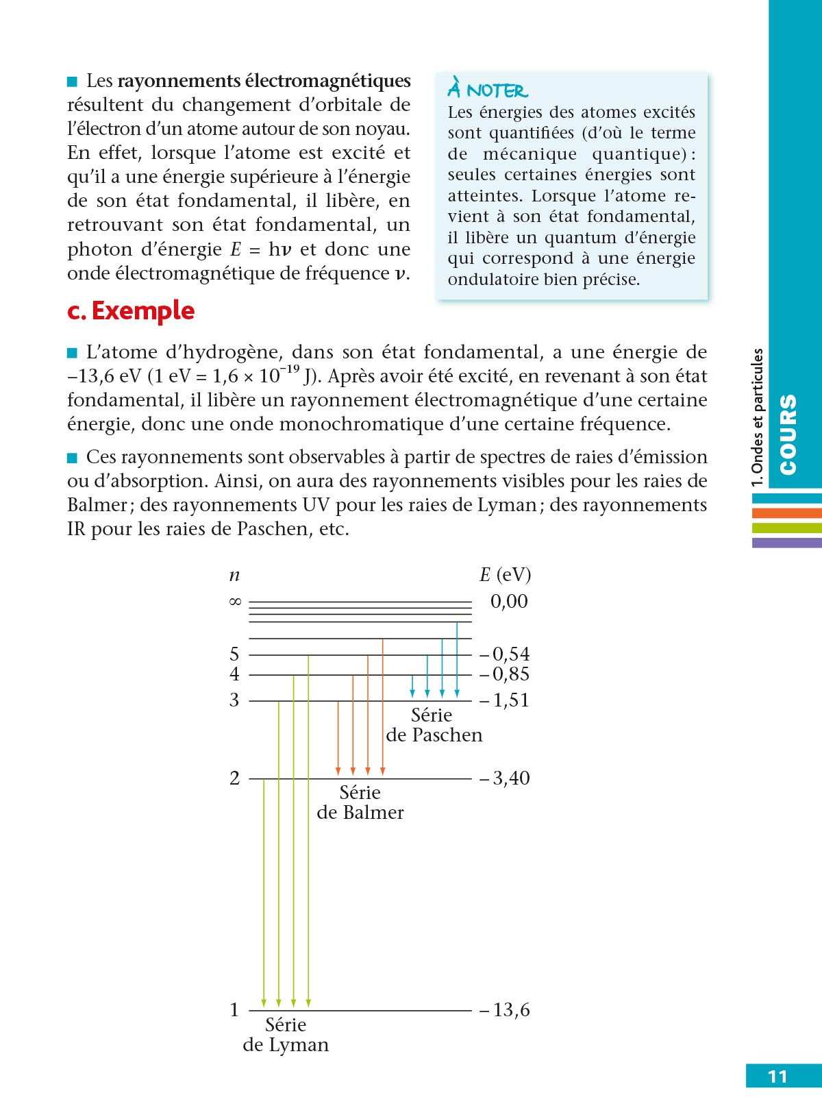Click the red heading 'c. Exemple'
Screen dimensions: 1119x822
click(x=131, y=311)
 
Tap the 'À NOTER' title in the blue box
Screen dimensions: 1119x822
click(x=488, y=90)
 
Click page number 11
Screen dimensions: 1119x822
click(x=777, y=1077)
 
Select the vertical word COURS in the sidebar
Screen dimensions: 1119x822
click(x=788, y=434)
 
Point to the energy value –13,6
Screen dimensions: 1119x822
click(x=505, y=1010)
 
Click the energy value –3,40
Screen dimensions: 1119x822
click(x=505, y=778)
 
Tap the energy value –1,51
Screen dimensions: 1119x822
click(x=505, y=700)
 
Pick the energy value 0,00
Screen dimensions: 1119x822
click(x=509, y=602)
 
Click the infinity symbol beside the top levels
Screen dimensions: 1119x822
click(x=235, y=602)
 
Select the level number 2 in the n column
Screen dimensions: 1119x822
click(x=235, y=778)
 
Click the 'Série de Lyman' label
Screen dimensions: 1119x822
click(x=286, y=1035)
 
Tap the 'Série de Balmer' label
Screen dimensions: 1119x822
click(x=360, y=802)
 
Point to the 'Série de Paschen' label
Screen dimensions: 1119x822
click(x=434, y=725)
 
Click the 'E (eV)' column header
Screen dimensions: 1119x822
click(x=505, y=575)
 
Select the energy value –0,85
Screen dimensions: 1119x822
click(x=505, y=674)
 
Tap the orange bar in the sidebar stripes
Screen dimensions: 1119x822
click(x=786, y=513)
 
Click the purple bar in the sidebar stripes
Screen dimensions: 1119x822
click(x=786, y=543)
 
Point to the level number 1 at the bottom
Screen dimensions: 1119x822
click(x=234, y=1010)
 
